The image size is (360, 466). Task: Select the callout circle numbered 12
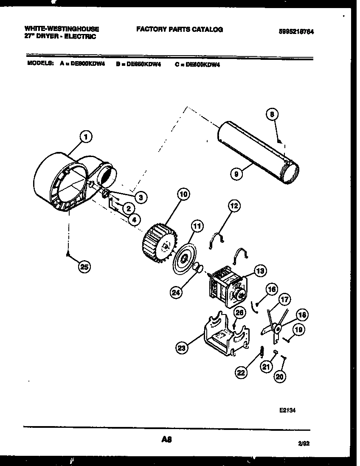[x=234, y=206]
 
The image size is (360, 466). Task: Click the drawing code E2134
[x=287, y=410]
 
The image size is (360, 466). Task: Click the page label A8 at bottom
[x=166, y=440]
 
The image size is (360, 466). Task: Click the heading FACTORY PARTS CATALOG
[x=179, y=29]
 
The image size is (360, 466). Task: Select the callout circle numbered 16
[x=272, y=289]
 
